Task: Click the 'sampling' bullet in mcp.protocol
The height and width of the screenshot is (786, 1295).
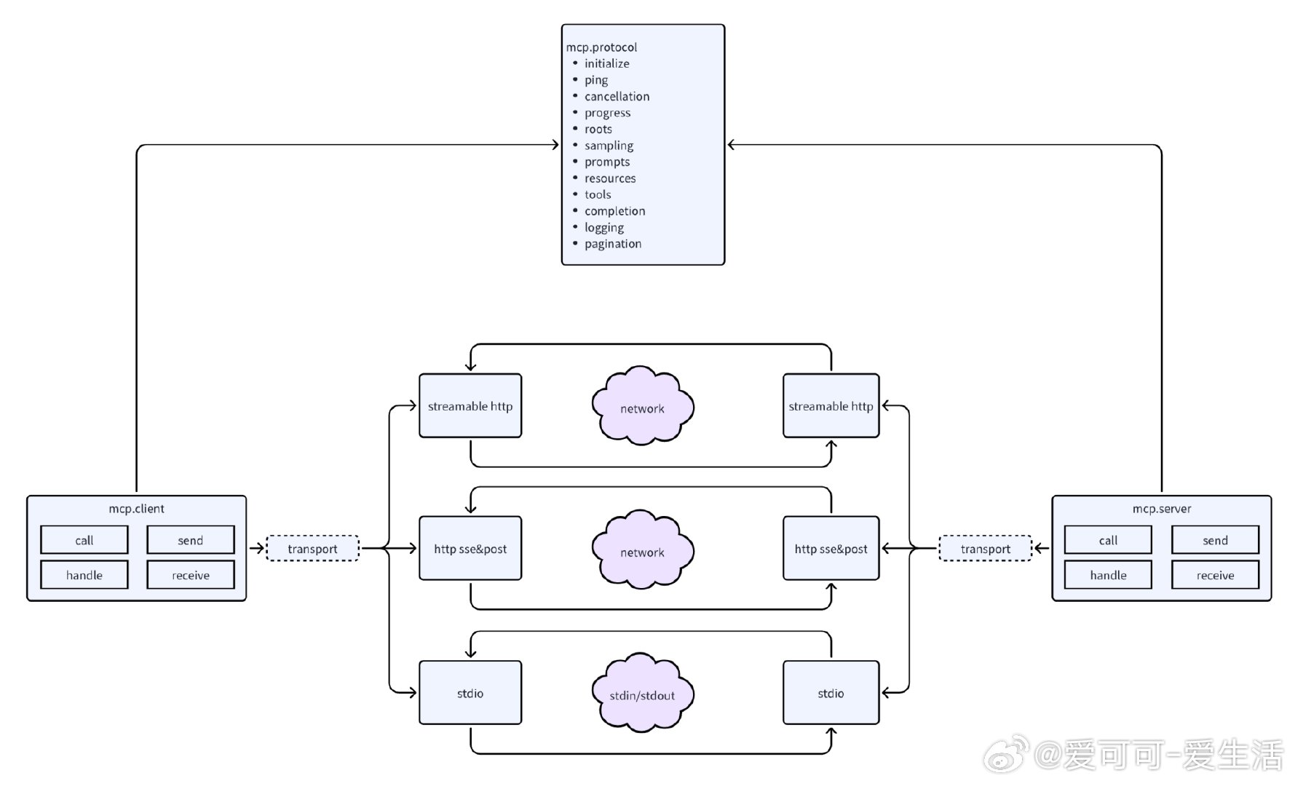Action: (609, 146)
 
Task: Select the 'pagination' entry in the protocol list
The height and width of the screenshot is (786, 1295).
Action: (612, 244)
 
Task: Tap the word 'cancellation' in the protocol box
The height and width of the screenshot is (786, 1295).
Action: (617, 96)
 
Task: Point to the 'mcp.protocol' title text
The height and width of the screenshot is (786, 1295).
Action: (601, 47)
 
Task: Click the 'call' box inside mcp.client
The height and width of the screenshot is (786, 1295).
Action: (84, 540)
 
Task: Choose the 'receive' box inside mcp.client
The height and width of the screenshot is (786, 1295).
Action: (191, 575)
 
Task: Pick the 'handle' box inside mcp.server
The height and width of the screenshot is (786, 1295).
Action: (1108, 575)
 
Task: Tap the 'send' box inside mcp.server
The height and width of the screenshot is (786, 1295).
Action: (1215, 540)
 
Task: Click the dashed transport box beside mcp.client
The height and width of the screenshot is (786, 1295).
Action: (312, 549)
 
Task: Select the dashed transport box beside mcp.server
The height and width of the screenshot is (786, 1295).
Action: (985, 549)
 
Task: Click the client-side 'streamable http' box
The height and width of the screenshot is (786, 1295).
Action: (470, 406)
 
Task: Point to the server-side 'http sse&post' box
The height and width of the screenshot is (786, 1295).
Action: (831, 549)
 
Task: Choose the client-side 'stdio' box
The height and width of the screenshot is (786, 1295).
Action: (470, 693)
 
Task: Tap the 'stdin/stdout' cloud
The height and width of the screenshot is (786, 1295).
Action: (642, 695)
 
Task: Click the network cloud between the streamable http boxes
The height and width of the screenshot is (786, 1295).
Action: (642, 408)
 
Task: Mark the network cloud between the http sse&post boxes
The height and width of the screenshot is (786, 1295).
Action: (642, 552)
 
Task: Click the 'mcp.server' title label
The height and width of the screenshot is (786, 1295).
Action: (1162, 509)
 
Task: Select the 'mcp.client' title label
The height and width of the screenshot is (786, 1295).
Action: (137, 509)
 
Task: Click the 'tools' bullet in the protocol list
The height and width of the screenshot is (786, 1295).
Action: (598, 194)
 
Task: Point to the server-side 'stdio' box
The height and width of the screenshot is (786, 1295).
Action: (831, 693)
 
